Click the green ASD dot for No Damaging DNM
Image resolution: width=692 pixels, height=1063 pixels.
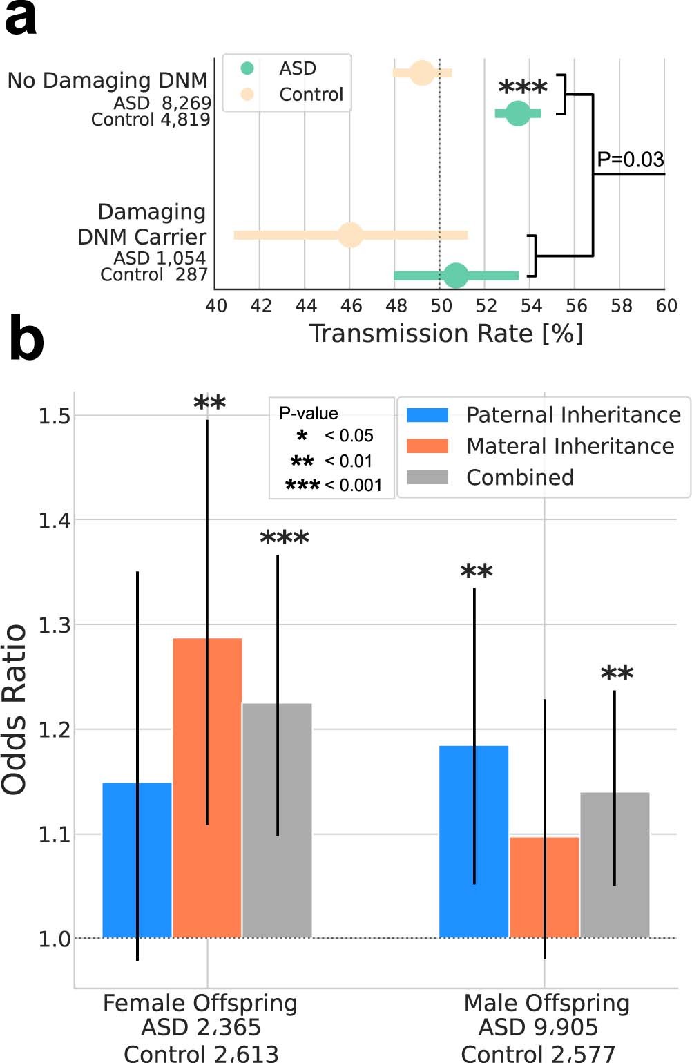(x=518, y=113)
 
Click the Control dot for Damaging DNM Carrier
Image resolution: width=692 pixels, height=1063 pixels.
(x=351, y=235)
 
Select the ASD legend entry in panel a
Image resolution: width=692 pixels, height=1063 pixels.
(x=297, y=68)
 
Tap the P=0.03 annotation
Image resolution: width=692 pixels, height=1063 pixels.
(x=630, y=160)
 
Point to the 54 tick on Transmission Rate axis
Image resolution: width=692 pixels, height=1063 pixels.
(x=531, y=305)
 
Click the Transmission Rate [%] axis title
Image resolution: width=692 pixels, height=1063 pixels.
(x=446, y=334)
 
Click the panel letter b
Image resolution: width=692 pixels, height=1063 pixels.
(x=26, y=340)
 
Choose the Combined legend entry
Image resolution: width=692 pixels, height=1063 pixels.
(x=519, y=477)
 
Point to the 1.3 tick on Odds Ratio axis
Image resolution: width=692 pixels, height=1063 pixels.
(x=54, y=625)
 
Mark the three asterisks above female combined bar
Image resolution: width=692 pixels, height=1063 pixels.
(x=285, y=538)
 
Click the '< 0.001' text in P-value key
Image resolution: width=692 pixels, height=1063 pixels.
(x=353, y=485)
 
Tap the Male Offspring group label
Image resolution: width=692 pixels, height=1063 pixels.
(x=546, y=1003)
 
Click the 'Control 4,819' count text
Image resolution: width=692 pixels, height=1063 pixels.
(x=151, y=119)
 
